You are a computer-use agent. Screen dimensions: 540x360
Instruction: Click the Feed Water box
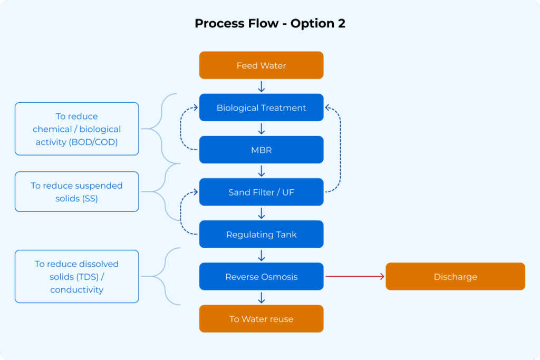(262, 65)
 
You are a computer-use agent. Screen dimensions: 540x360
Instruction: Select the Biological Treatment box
(262, 108)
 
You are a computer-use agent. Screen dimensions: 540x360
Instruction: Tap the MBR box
(262, 150)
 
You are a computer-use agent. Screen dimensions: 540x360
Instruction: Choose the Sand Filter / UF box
(262, 192)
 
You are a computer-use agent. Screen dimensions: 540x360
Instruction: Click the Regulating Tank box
(262, 235)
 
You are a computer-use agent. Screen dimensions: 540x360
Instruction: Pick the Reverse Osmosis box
(262, 276)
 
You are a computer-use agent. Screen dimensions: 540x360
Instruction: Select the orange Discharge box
(455, 276)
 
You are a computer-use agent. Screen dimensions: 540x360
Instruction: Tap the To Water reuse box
(262, 319)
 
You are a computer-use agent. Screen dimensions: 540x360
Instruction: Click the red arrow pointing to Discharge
(355, 276)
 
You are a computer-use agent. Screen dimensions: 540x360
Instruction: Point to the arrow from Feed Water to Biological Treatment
(262, 86)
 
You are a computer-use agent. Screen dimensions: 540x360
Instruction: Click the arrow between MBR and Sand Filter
(262, 171)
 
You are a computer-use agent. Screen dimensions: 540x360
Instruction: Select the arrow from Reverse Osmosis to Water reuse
(262, 298)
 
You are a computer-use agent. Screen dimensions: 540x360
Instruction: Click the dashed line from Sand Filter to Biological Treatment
(340, 150)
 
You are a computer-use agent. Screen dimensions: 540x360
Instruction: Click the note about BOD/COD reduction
(77, 129)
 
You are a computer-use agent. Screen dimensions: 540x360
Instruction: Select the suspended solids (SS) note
(77, 192)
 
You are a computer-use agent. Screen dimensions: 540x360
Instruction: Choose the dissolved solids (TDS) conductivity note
(77, 276)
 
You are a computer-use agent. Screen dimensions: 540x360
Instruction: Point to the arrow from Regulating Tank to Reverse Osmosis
(262, 255)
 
